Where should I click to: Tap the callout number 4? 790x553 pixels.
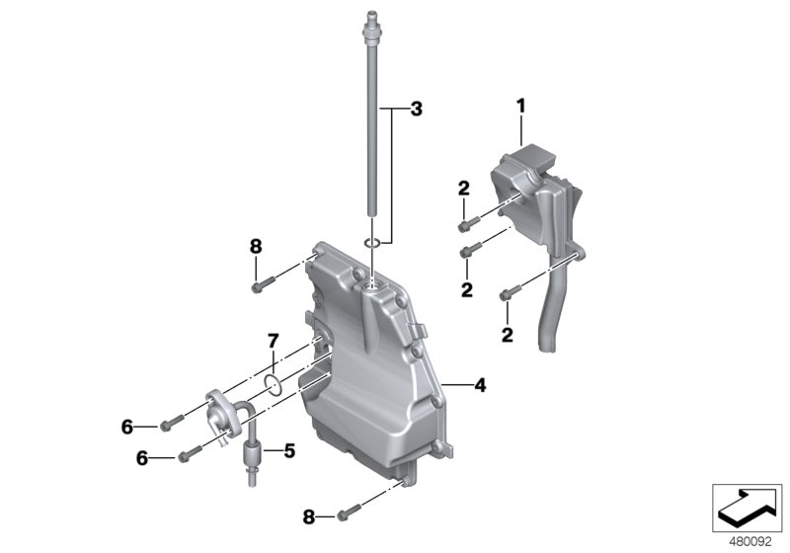tap(479, 385)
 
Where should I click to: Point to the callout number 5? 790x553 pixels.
tap(288, 451)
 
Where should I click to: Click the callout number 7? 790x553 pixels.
tap(273, 342)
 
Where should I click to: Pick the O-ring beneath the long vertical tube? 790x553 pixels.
tap(373, 243)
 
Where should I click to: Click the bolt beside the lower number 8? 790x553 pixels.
tap(345, 514)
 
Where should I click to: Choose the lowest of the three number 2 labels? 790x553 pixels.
tap(508, 336)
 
